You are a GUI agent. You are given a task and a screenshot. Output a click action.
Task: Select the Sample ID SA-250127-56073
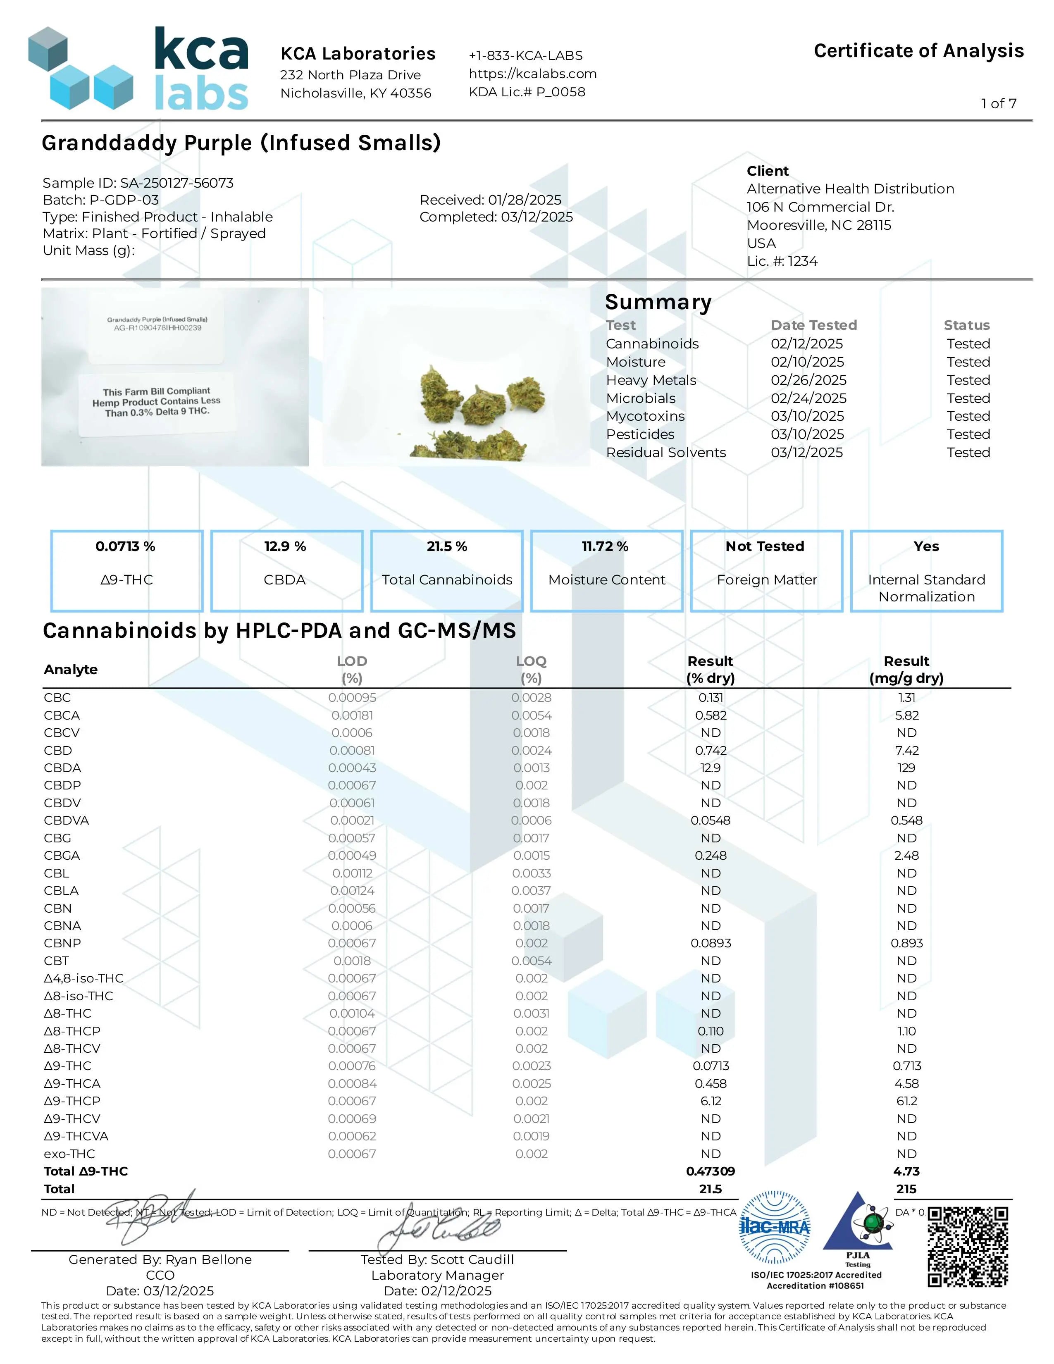point(138,183)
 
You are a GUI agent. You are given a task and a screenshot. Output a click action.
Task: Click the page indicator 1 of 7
point(999,104)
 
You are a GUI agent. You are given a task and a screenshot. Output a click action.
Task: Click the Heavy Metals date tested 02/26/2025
point(808,380)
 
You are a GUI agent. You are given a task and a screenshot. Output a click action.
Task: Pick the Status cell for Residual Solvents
point(968,452)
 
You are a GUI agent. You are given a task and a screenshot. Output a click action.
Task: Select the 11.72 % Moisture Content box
point(606,570)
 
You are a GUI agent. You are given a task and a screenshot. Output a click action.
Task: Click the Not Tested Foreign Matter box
point(766,570)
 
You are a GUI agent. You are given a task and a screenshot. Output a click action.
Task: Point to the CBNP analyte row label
point(62,943)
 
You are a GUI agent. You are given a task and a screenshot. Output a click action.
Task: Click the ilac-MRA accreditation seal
point(774,1228)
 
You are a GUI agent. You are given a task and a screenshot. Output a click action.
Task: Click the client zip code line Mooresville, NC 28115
point(818,225)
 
